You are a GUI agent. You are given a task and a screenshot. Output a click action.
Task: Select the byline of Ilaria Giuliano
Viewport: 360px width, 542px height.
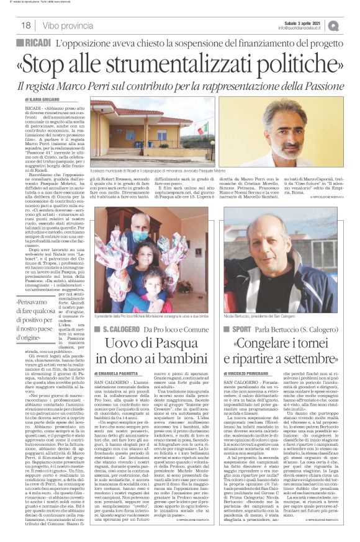(x=42, y=99)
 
